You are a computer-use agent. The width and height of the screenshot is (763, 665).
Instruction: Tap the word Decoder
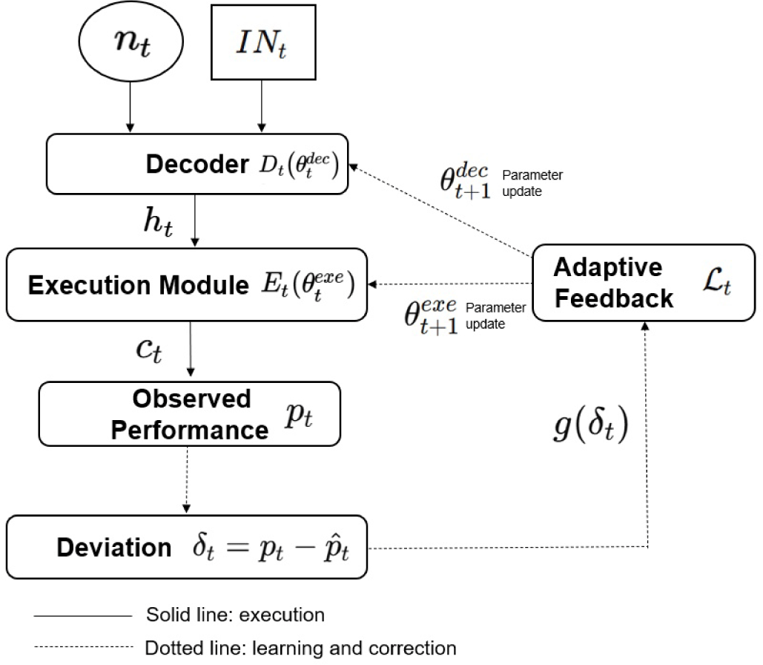point(196,165)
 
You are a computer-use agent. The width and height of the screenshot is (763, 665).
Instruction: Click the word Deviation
point(113,548)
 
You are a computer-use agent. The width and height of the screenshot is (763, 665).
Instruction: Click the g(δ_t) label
point(591,427)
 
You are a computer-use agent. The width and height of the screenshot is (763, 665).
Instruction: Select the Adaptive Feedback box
point(643,282)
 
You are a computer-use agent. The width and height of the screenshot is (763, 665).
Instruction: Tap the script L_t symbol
point(718,285)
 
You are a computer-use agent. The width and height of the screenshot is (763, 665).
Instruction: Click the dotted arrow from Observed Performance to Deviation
point(186,481)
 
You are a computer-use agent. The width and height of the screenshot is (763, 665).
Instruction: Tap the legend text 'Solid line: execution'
point(235,615)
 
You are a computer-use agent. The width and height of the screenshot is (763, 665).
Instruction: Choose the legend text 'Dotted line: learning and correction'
point(301,648)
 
